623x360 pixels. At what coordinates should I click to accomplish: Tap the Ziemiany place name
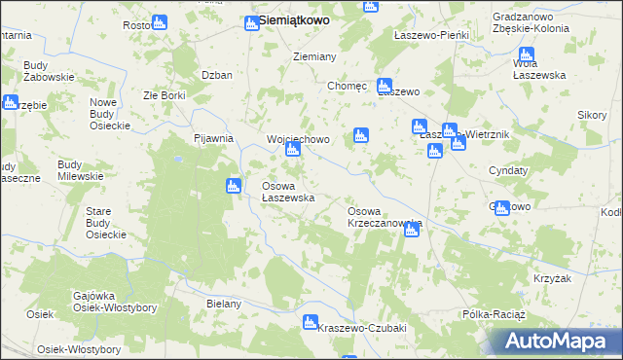(314, 56)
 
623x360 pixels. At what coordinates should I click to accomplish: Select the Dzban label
(215, 75)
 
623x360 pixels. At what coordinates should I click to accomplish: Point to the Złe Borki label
(164, 95)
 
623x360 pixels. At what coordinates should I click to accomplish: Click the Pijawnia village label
(213, 138)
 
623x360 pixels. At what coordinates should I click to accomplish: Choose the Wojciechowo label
(299, 139)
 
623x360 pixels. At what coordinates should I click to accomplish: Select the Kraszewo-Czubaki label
(361, 328)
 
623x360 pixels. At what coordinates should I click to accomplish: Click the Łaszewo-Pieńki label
(431, 35)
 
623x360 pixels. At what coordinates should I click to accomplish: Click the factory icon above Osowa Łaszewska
(233, 187)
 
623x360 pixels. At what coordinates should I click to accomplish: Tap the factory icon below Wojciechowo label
(292, 151)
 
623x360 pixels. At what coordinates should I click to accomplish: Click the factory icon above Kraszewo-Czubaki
(311, 322)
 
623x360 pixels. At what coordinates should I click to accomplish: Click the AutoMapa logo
(556, 342)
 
